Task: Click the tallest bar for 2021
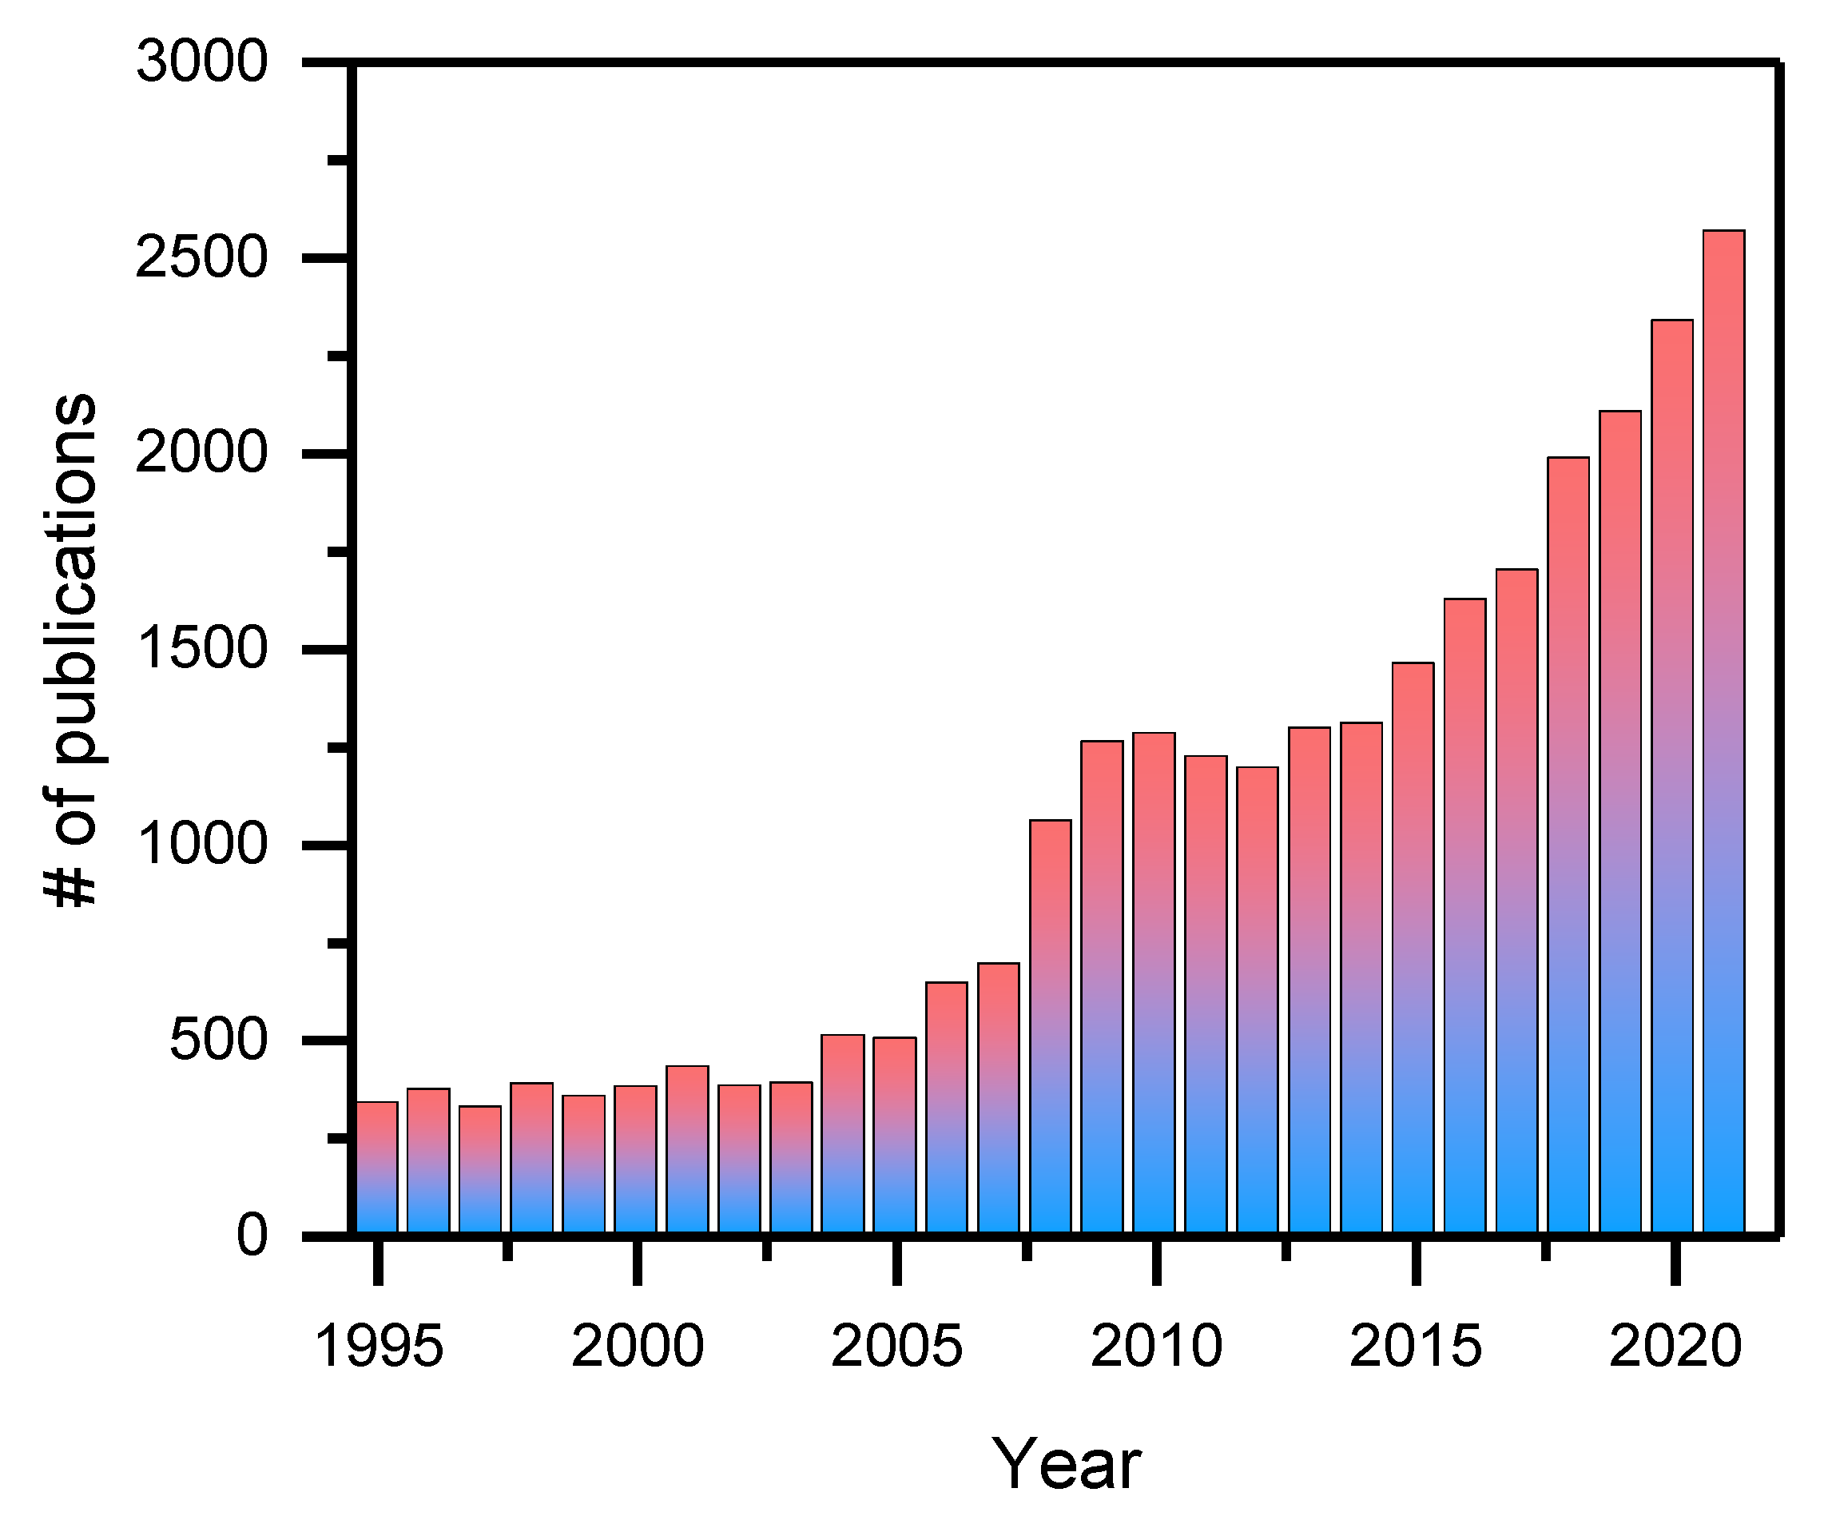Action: pos(1723,731)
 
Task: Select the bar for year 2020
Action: pos(1672,775)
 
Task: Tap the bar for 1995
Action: pos(377,1167)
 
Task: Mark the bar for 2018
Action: pos(1568,845)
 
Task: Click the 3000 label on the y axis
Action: pos(202,62)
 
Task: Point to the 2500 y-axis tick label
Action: pos(202,258)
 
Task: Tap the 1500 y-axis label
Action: pos(202,649)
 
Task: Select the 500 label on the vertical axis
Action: pos(218,1040)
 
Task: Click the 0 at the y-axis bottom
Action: pos(252,1235)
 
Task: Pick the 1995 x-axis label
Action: pos(379,1346)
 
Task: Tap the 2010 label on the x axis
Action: pos(1156,1346)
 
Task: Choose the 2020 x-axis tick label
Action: pos(1675,1346)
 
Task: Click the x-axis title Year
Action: pos(1066,1465)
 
